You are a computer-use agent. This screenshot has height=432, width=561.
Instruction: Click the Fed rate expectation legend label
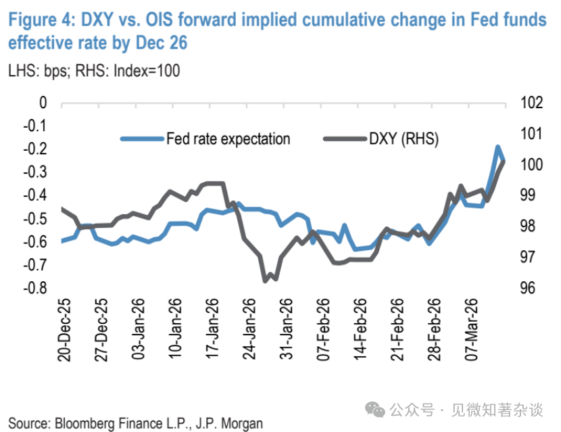pyautogui.click(x=228, y=139)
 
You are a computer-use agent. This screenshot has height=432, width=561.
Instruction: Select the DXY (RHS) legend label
pyautogui.click(x=404, y=139)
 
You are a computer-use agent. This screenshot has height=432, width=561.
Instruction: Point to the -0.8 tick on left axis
pyautogui.click(x=34, y=288)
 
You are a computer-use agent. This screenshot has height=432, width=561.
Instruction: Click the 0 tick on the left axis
pyautogui.click(x=43, y=103)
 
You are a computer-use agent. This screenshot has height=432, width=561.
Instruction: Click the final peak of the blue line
pyautogui.click(x=497, y=147)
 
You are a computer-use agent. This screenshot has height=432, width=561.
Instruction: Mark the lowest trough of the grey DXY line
pyautogui.click(x=266, y=281)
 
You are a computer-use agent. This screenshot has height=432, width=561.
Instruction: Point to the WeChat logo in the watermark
pyautogui.click(x=374, y=408)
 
